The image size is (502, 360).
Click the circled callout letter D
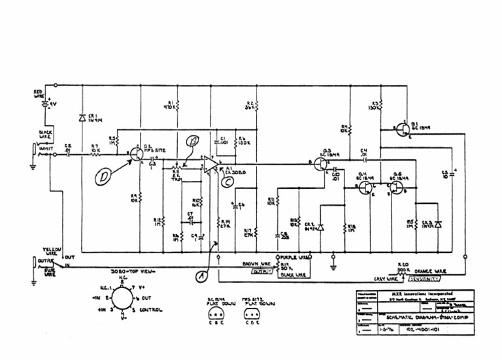click(x=103, y=177)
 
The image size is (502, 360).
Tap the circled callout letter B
click(x=192, y=141)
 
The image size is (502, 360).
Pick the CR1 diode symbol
click(x=82, y=118)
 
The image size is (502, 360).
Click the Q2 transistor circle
click(x=136, y=155)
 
